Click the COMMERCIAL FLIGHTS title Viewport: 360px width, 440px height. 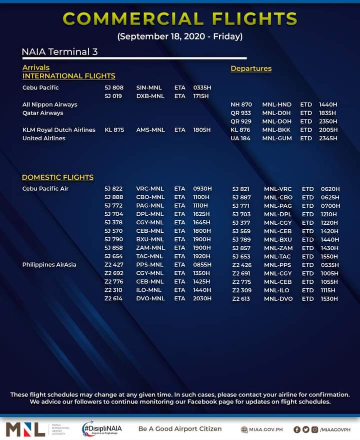pos(180,19)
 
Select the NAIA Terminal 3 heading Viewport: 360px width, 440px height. pos(59,52)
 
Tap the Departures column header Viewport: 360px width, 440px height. pos(251,69)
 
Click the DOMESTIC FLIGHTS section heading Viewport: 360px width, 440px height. pos(57,177)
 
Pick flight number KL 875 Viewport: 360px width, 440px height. pos(114,130)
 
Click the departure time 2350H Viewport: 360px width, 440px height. pos(327,122)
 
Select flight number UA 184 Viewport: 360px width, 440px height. pos(240,138)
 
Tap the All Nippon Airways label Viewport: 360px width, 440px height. pos(50,105)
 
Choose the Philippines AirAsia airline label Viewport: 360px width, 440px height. pos(49,264)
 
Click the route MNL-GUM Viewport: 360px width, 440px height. pos(277,138)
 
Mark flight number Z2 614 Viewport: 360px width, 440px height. pos(114,298)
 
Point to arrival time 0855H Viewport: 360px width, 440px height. pos(202,264)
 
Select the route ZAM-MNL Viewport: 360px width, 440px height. pos(150,248)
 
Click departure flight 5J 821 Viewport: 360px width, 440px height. pos(241,189)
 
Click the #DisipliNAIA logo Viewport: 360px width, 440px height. pos(102,428)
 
